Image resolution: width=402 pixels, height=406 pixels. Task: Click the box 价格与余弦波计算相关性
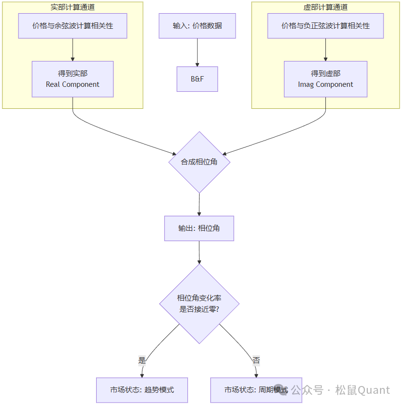[73, 26]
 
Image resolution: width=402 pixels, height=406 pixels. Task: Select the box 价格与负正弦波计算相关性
[325, 26]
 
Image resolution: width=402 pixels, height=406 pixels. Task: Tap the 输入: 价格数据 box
[197, 26]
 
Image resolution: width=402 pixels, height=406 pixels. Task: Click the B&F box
[197, 79]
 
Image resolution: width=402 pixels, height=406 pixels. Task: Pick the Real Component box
[73, 79]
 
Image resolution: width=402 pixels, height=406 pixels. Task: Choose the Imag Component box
[325, 79]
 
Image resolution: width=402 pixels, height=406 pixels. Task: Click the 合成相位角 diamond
[199, 162]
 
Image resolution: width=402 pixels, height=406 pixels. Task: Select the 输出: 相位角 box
[199, 228]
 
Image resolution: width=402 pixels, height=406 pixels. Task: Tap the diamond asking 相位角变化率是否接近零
[199, 304]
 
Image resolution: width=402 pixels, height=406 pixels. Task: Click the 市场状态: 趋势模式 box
[142, 390]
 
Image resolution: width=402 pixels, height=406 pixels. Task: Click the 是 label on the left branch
[142, 361]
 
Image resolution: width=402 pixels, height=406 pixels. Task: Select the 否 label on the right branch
[256, 361]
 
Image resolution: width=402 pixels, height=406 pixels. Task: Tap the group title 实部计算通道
[73, 7]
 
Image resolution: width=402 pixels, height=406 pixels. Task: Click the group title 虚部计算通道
[325, 7]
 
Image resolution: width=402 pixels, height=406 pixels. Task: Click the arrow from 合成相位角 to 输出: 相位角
[199, 204]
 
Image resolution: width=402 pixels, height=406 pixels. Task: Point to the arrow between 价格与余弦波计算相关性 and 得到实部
[73, 49]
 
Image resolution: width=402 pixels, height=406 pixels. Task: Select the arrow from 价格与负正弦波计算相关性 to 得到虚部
[325, 49]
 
